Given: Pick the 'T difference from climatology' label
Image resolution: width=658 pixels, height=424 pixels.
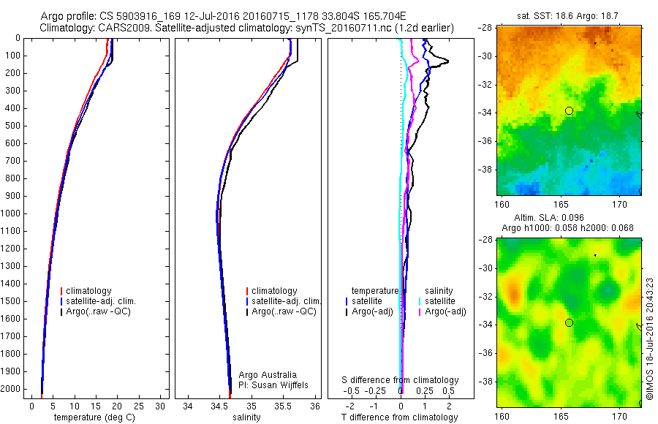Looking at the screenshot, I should (x=399, y=417).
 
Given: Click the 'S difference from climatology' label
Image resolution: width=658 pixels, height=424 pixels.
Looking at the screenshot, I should (x=401, y=380).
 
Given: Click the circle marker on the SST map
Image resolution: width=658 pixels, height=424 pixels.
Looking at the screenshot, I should (x=569, y=110).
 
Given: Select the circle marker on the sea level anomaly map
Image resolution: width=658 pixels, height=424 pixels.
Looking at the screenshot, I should (x=569, y=322).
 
